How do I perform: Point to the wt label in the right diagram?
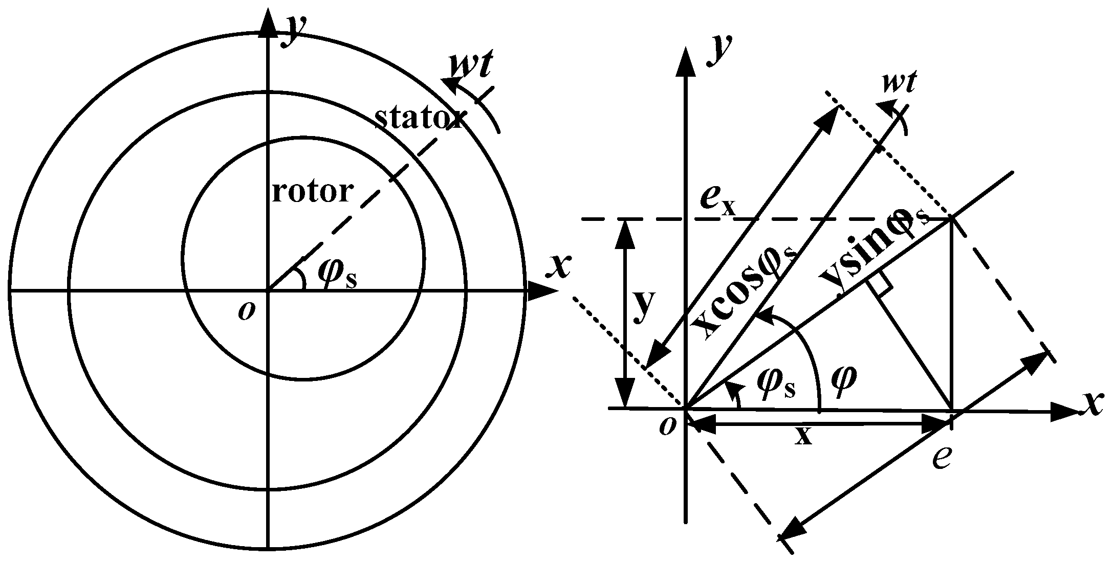coord(899,82)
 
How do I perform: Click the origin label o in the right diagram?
coord(667,425)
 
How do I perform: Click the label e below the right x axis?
coord(941,457)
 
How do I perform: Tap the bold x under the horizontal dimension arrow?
coord(804,436)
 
